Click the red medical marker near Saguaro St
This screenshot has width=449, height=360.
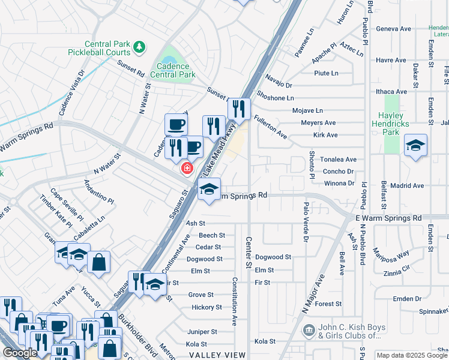coord(188,167)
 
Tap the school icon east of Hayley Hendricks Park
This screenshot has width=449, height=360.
coord(415,146)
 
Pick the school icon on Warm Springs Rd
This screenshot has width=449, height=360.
coord(209,189)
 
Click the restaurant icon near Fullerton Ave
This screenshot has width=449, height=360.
coord(239,109)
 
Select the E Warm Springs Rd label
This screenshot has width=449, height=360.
coord(388,218)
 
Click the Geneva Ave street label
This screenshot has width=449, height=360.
coord(393,28)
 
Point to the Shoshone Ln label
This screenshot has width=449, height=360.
coord(276,98)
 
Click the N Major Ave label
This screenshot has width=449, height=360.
coord(313,294)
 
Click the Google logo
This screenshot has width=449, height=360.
coord(20,353)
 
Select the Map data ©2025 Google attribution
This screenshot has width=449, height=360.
coord(412,356)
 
